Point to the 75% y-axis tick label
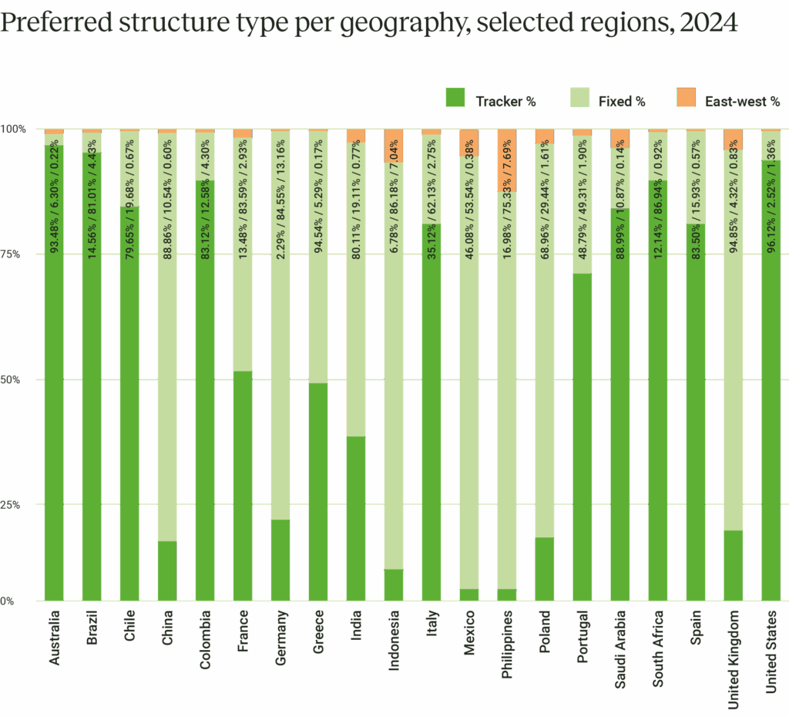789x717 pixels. [x=15, y=254]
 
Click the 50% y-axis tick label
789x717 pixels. [x=15, y=380]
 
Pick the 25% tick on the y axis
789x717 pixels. [x=15, y=505]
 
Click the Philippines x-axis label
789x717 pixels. [x=507, y=645]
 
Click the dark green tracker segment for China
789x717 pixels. [x=167, y=571]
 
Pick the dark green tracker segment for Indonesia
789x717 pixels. [x=394, y=584]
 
